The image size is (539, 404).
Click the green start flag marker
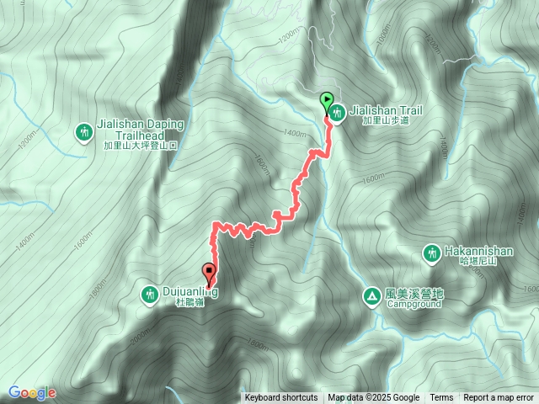coord(326,99)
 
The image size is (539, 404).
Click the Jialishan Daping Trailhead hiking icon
coord(84,131)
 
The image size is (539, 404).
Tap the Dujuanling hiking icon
coord(150,293)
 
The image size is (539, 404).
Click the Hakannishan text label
coord(478,250)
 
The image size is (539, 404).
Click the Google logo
coord(32,393)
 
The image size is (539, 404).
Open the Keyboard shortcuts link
coord(281,398)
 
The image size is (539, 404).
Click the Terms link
coord(441,398)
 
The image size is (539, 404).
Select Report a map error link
coord(499,398)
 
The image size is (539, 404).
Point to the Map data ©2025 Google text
coord(373,398)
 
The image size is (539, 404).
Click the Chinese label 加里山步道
coord(385,121)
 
